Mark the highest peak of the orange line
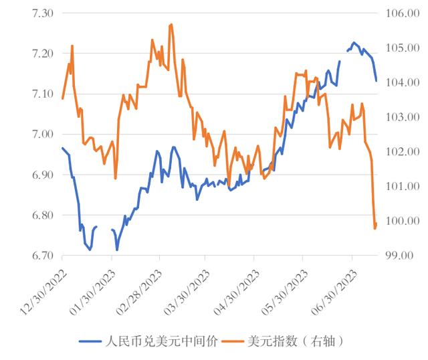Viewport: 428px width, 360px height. (x=172, y=24)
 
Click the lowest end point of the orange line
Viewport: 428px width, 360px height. (x=374, y=229)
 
